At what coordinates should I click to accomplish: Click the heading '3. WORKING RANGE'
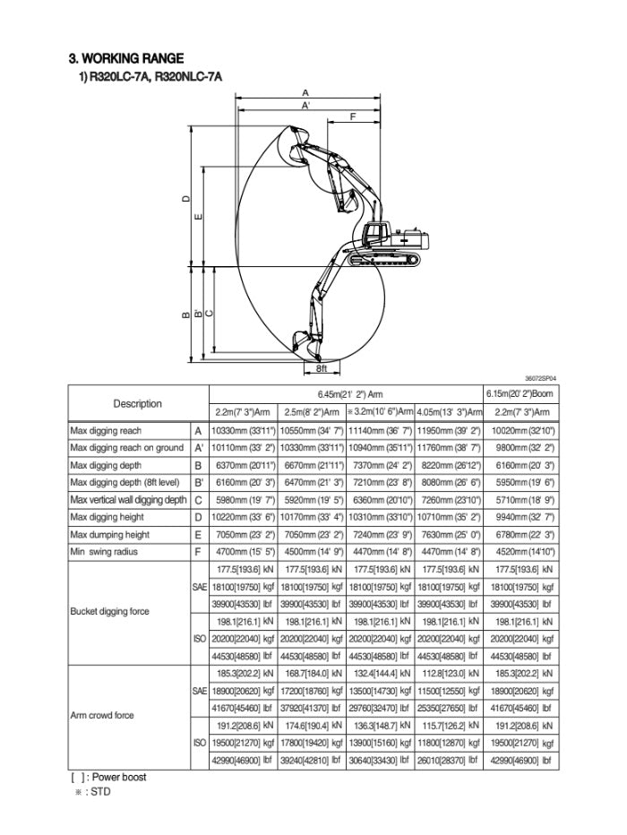(x=126, y=58)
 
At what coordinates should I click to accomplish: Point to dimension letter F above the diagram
(x=353, y=116)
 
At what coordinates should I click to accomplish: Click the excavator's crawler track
(x=384, y=258)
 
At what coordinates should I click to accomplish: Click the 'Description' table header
(x=137, y=403)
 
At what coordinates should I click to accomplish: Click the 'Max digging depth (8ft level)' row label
(x=126, y=483)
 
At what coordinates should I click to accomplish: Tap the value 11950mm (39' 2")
(x=449, y=431)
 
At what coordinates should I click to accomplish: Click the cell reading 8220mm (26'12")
(x=449, y=466)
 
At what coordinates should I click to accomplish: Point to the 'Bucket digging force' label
(x=109, y=612)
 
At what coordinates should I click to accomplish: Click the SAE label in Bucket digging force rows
(x=200, y=586)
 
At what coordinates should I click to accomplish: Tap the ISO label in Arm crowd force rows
(x=200, y=742)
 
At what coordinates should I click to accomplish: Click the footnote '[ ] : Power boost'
(x=108, y=777)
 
